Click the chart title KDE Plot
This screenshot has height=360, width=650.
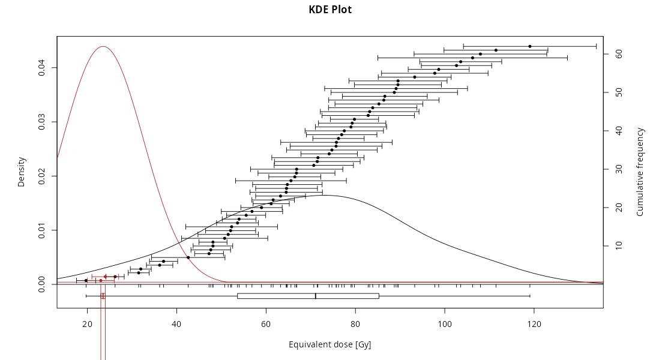coord(330,10)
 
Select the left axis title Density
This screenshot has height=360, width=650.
coord(22,172)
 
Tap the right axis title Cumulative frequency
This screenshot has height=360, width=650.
coord(640,172)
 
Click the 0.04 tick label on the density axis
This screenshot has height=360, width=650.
coord(42,68)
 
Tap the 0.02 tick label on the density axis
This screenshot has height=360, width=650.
coord(42,176)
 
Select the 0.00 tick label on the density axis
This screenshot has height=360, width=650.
coord(42,284)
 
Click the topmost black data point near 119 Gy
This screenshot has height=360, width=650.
coord(530,46)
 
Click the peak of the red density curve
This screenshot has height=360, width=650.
coord(103,46)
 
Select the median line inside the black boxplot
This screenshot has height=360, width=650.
coord(316,296)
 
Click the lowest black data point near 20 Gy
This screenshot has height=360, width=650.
coord(86,280)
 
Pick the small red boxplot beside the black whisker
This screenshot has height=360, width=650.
coord(103,296)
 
